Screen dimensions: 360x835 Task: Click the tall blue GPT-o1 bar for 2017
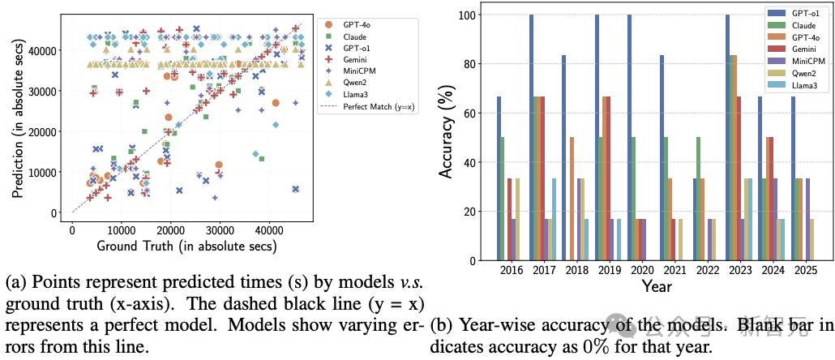[532, 138]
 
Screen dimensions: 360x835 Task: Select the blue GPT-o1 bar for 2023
[727, 138]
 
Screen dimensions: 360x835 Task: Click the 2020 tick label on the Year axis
[640, 270]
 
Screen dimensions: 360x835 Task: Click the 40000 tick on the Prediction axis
[47, 50]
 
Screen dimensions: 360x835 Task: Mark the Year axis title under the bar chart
[655, 286]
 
